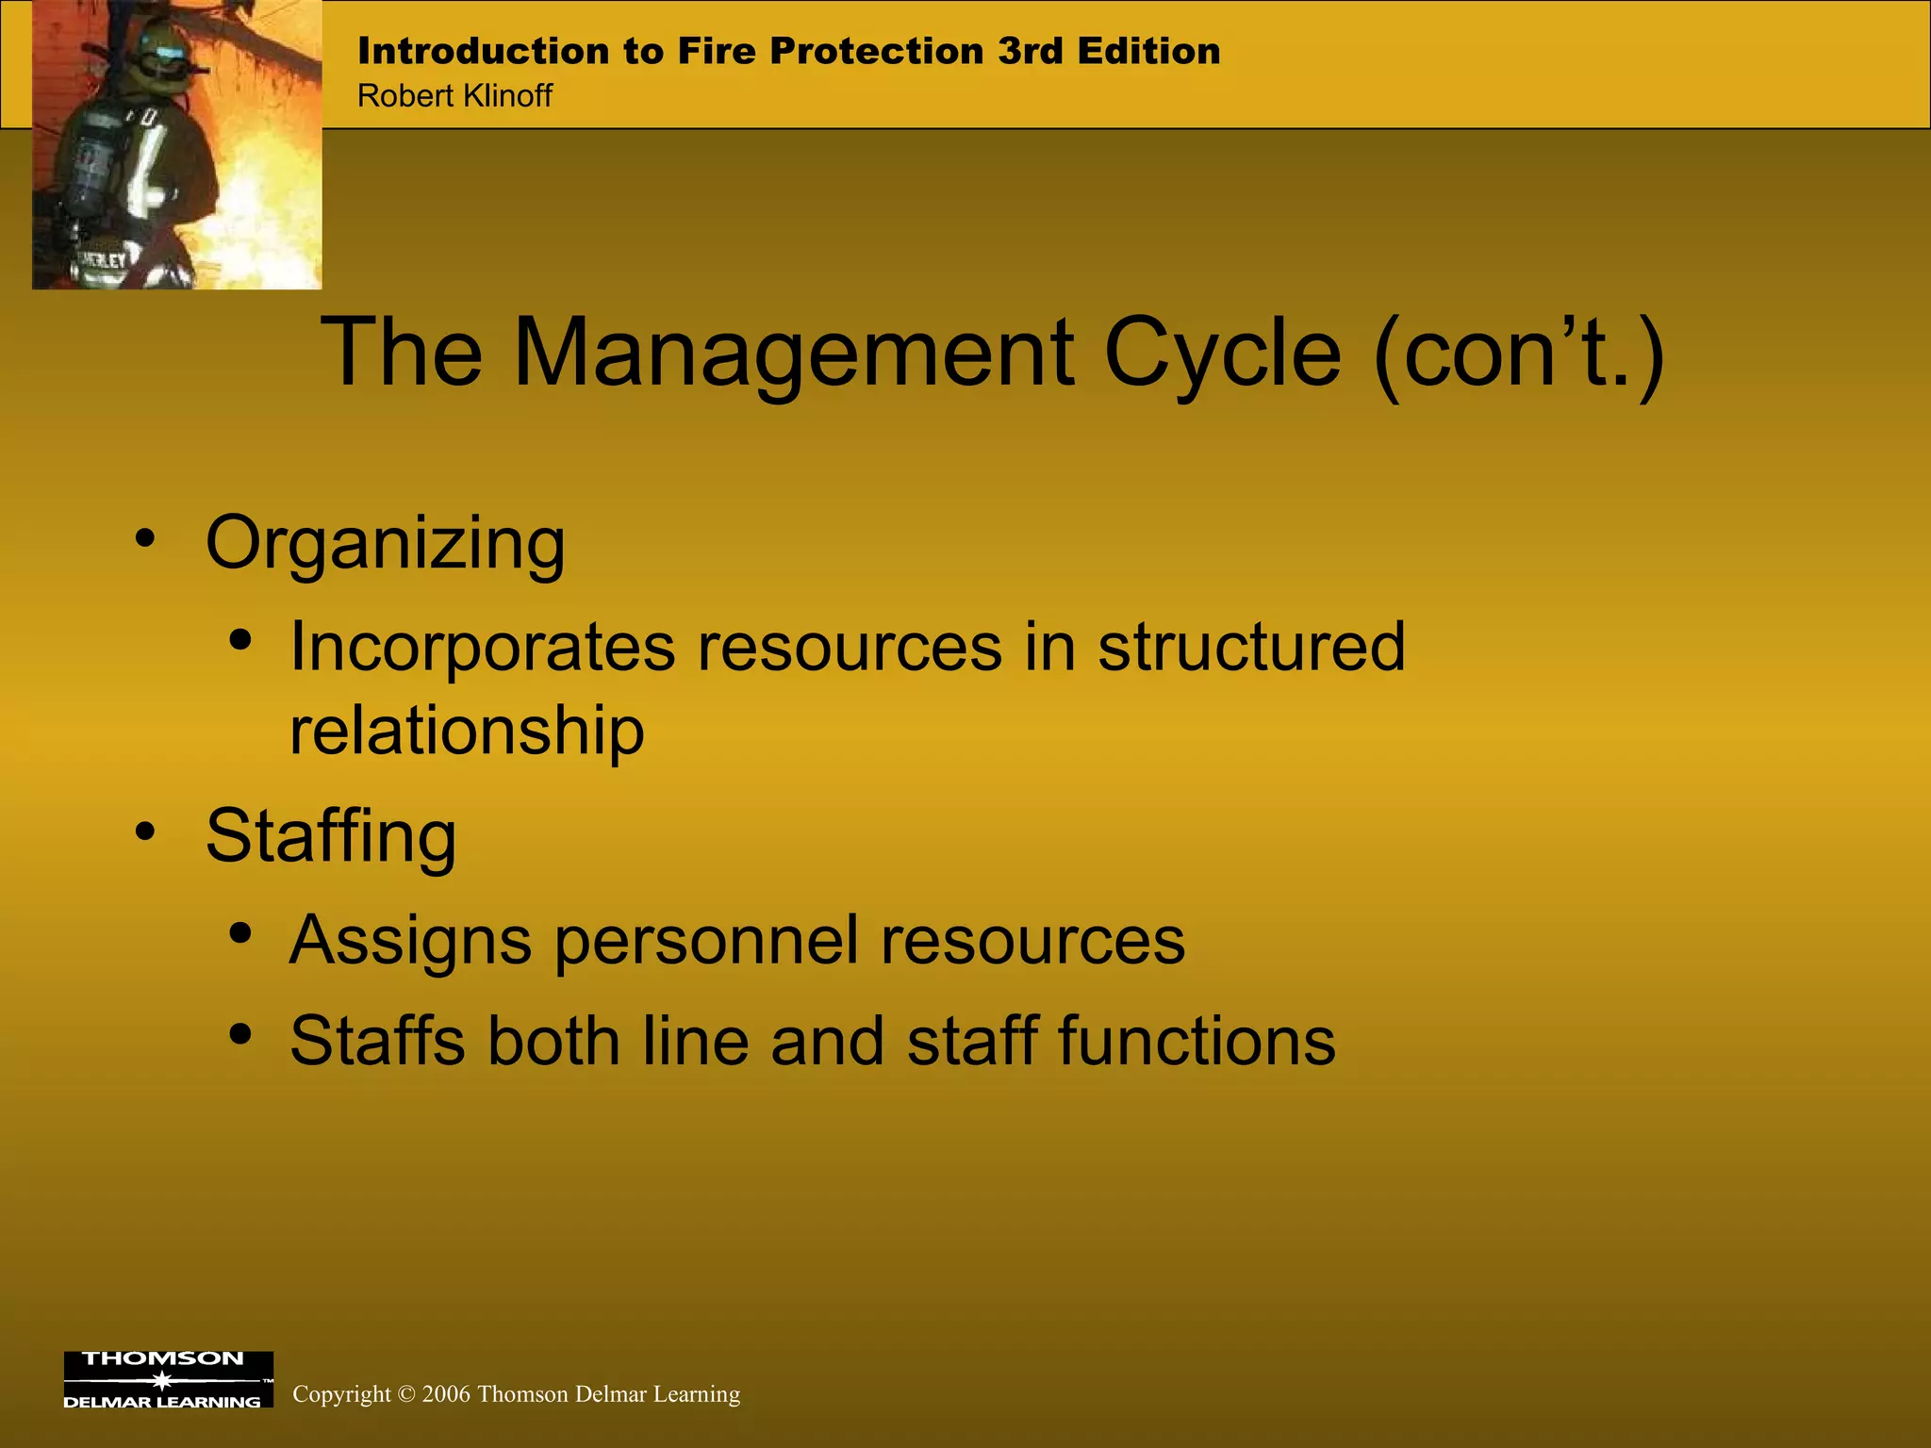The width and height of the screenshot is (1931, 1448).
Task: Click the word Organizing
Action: pos(385,545)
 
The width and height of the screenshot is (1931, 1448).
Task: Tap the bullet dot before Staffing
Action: pos(144,831)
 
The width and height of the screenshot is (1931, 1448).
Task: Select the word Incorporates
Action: pos(482,648)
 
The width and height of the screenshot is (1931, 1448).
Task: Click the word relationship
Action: pos(467,731)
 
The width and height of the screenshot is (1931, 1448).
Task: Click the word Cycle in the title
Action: pos(1222,353)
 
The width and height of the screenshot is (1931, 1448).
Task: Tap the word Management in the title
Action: pos(793,353)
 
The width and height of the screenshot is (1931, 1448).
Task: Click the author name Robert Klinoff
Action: pos(454,96)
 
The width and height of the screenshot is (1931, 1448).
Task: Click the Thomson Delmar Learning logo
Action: pos(168,1379)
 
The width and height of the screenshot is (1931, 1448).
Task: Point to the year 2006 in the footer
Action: pos(446,1394)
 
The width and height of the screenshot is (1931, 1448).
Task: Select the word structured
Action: pos(1251,648)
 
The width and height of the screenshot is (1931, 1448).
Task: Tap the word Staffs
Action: pos(377,1042)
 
